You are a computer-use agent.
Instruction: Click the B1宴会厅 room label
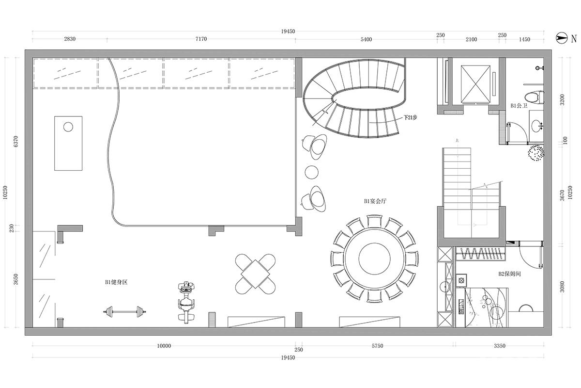(x=375, y=201)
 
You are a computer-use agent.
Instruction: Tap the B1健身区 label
(x=116, y=282)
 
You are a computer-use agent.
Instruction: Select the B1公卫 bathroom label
(x=519, y=106)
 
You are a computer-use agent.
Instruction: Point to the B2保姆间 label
(x=510, y=274)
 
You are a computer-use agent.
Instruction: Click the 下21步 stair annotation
(x=411, y=117)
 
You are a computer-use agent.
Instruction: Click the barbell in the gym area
(x=124, y=311)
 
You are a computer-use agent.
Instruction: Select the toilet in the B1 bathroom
(x=534, y=97)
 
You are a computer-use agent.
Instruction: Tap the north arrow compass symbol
(x=562, y=38)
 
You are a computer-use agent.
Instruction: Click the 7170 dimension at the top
(x=201, y=39)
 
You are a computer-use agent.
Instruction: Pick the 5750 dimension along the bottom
(x=377, y=346)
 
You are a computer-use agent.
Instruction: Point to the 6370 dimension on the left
(x=16, y=141)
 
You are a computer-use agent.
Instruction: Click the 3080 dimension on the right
(x=562, y=287)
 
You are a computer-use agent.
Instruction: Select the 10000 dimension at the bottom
(x=164, y=346)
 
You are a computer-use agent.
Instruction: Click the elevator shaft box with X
(x=475, y=84)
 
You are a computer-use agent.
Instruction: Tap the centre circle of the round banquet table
(x=374, y=259)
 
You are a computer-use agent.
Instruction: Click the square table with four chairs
(x=255, y=274)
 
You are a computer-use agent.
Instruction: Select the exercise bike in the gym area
(x=186, y=302)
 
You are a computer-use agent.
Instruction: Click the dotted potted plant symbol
(x=536, y=153)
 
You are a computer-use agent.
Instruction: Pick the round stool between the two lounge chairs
(x=311, y=172)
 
